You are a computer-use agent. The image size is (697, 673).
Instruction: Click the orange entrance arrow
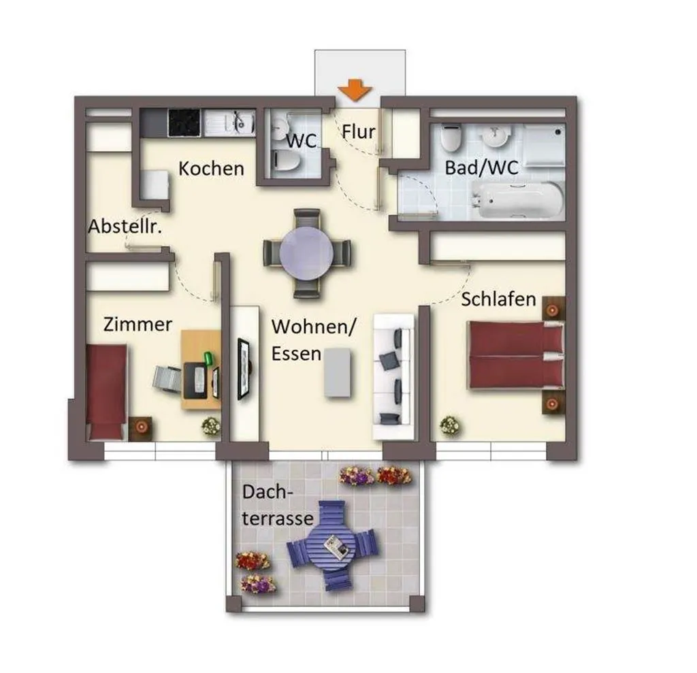354,90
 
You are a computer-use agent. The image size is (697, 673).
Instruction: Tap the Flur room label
358,132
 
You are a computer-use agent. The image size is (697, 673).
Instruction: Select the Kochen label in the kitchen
211,169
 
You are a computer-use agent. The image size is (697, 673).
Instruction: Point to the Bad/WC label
481,167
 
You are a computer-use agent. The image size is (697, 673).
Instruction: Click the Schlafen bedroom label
498,299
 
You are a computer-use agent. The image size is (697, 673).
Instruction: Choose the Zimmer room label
137,325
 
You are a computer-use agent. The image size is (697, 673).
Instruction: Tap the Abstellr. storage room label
125,227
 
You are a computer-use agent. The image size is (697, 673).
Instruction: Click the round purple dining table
306,253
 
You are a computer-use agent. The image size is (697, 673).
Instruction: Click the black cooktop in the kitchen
184,122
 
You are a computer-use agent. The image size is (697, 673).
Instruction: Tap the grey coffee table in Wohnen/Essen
337,372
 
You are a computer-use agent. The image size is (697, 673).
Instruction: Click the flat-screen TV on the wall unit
244,369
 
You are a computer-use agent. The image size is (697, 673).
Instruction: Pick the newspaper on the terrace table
336,547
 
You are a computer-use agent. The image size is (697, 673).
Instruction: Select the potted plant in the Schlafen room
450,426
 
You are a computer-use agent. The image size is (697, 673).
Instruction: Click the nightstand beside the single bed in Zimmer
140,429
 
